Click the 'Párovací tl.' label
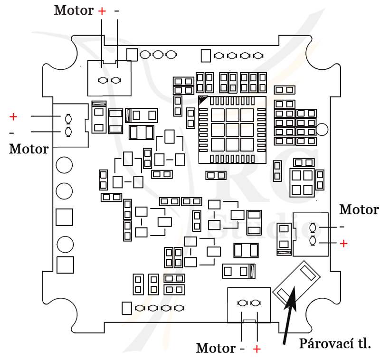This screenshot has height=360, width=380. (335, 343)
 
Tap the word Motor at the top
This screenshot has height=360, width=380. (74, 10)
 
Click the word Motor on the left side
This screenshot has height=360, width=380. (29, 149)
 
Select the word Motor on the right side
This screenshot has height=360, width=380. (359, 209)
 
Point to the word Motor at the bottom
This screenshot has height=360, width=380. (216, 348)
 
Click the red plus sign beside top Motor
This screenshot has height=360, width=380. (102, 11)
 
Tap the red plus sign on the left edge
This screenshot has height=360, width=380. (13, 117)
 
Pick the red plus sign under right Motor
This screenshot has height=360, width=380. (343, 243)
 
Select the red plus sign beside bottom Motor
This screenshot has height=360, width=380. (256, 349)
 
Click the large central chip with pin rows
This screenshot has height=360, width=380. (232, 130)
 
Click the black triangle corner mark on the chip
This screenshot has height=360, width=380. (202, 100)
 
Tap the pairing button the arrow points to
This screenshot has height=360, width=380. (296, 283)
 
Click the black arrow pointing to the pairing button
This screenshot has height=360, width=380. (290, 315)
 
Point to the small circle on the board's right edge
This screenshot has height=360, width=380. (322, 129)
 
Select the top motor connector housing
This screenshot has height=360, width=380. (109, 78)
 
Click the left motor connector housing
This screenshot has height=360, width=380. (70, 125)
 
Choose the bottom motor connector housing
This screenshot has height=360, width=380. (249, 305)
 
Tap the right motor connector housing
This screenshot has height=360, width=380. (311, 234)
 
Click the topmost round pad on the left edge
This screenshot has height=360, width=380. (64, 165)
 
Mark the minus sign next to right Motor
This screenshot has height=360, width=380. (342, 227)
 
